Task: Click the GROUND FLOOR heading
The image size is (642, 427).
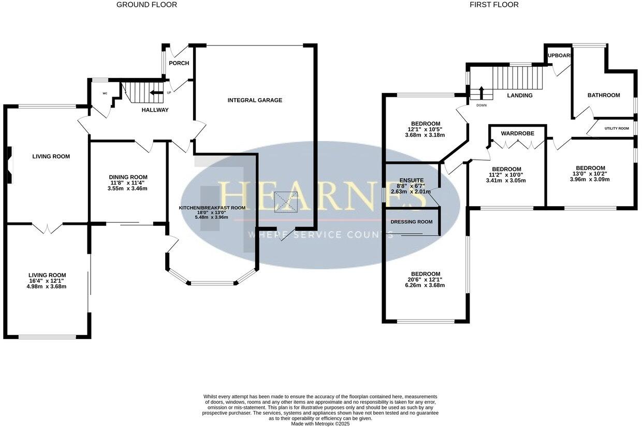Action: [x=147, y=5]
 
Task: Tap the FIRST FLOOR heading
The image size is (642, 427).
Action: [x=494, y=5]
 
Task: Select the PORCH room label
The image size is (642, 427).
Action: [x=179, y=63]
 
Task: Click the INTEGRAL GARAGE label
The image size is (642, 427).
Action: [x=255, y=100]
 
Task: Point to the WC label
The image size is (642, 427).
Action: [x=105, y=94]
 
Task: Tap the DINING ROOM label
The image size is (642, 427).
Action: [x=128, y=177]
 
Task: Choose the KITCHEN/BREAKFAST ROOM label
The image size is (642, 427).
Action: [x=212, y=207]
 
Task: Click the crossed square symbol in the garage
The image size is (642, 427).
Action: [x=286, y=202]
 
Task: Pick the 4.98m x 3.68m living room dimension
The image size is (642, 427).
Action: [x=47, y=286]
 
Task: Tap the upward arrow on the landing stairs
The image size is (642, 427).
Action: [x=481, y=93]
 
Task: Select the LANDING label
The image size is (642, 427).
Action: [x=520, y=95]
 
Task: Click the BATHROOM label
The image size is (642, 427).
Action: [x=604, y=95]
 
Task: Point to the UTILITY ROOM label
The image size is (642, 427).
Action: [x=617, y=128]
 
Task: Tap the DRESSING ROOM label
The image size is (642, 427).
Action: [x=412, y=222]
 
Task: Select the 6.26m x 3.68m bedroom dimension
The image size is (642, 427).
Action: [x=426, y=285]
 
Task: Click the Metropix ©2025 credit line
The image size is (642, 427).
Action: [x=321, y=423]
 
